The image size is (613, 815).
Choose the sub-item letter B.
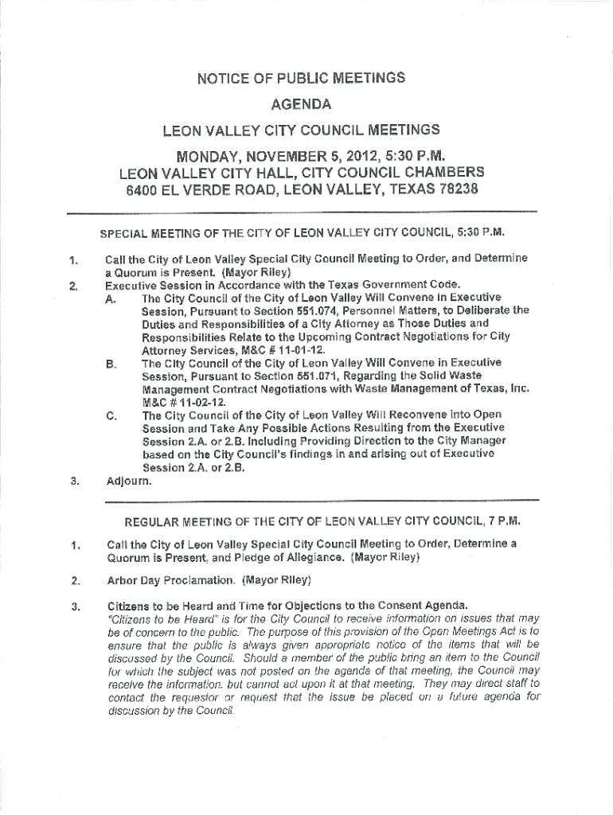(x=109, y=364)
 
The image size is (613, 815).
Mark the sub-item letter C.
(x=110, y=415)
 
